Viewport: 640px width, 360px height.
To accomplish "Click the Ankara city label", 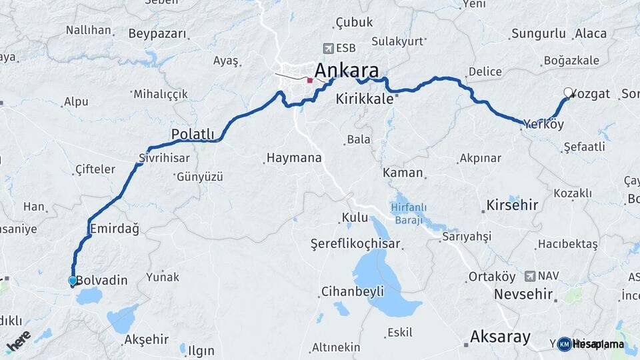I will point(346,70).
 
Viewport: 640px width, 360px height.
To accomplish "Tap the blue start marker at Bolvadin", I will point(73,281).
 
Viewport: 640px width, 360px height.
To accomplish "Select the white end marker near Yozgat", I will point(568,93).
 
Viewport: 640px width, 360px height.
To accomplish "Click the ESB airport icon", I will point(327,48).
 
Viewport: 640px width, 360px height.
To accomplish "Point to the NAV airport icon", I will point(529,275).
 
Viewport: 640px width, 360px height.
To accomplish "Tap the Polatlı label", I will point(193,133).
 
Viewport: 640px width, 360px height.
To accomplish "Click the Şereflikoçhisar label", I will point(355,243).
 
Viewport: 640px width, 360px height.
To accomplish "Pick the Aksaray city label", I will point(500,336).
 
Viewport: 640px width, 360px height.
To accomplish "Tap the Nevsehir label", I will point(524,293).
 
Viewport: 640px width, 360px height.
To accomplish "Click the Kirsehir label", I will point(512,205).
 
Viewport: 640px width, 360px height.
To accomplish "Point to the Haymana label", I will point(294,158).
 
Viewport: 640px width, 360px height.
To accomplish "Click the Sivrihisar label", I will point(164,158).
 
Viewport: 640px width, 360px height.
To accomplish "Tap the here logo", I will point(19,341).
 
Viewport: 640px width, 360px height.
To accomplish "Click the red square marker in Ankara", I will point(309,80).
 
